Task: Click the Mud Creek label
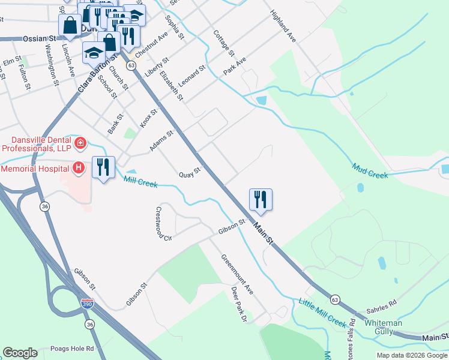370,171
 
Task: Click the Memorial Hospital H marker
78,168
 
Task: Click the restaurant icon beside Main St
261,199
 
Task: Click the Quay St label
189,173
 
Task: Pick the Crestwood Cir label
163,223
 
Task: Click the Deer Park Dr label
240,304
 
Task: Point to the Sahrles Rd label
384,305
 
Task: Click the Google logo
20,353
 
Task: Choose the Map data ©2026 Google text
411,355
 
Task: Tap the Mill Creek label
140,181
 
